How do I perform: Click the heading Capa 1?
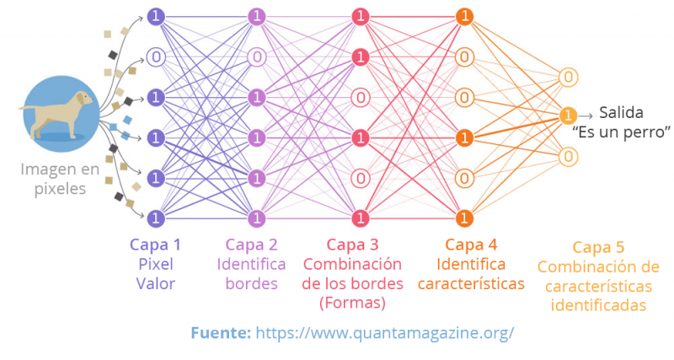pyautogui.click(x=155, y=244)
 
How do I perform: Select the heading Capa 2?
pyautogui.click(x=251, y=244)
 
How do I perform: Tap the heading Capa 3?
pyautogui.click(x=352, y=244)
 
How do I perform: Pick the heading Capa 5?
pyautogui.click(x=598, y=248)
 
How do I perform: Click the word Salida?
pyautogui.click(x=623, y=113)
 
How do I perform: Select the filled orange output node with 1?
pyautogui.click(x=569, y=116)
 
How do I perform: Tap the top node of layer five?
pyautogui.click(x=569, y=78)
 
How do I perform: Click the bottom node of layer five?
pyautogui.click(x=569, y=156)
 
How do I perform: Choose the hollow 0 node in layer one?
pyautogui.click(x=155, y=57)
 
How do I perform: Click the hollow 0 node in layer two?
pyautogui.click(x=257, y=57)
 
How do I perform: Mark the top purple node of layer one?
pyautogui.click(x=155, y=16)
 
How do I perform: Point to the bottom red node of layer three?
pyautogui.click(x=361, y=218)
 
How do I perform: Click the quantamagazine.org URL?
pyautogui.click(x=384, y=332)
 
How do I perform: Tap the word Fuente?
pyautogui.click(x=220, y=332)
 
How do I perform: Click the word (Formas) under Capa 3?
pyautogui.click(x=352, y=302)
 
